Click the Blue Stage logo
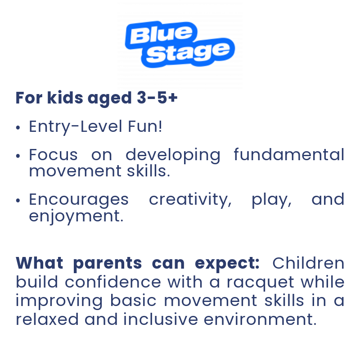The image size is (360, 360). (x=180, y=44)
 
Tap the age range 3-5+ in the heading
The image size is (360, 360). (x=157, y=98)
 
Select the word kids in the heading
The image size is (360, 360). (x=65, y=98)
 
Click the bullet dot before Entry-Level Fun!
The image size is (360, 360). (x=18, y=127)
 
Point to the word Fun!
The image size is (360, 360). (x=145, y=126)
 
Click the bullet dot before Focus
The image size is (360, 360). (x=18, y=156)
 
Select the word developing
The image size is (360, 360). (x=173, y=155)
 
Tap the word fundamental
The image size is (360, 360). (x=289, y=154)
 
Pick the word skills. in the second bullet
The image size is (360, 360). (x=148, y=171)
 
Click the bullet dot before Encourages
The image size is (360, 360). (x=18, y=201)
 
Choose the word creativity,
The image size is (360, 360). (x=190, y=199)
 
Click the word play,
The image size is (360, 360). (x=272, y=200)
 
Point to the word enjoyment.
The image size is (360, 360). (x=76, y=216)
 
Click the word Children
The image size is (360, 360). (x=308, y=263)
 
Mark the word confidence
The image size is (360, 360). (x=113, y=282)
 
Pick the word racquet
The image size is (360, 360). (x=261, y=283)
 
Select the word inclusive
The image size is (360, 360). (x=161, y=319)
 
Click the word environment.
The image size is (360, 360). (x=261, y=319)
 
